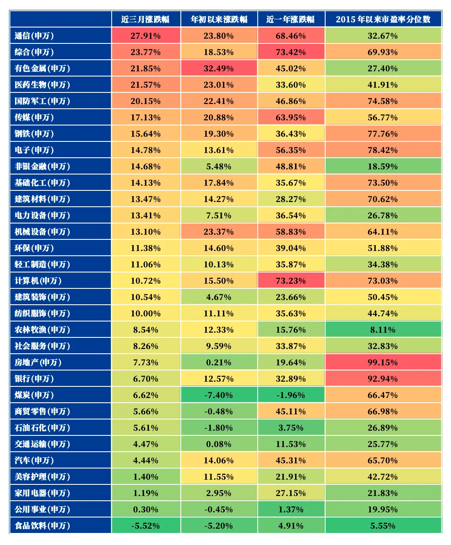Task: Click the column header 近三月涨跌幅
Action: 146,19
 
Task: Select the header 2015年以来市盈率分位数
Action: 383,19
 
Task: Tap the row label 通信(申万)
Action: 34,36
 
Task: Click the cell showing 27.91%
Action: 146,36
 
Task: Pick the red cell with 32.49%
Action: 219,68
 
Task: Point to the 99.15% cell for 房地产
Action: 383,362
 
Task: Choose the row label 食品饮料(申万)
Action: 42,526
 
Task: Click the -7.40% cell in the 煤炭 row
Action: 219,395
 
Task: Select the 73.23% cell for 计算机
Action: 291,281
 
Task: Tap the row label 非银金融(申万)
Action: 42,166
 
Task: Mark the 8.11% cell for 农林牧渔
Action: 383,330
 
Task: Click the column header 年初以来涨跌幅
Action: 219,19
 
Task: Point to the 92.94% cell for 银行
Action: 383,379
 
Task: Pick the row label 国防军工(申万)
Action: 42,101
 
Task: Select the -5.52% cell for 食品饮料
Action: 146,526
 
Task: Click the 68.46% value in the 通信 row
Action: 291,36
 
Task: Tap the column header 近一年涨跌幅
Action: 291,19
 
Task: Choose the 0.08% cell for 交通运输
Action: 219,444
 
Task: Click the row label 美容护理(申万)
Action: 42,477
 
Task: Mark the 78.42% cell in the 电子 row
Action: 383,150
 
